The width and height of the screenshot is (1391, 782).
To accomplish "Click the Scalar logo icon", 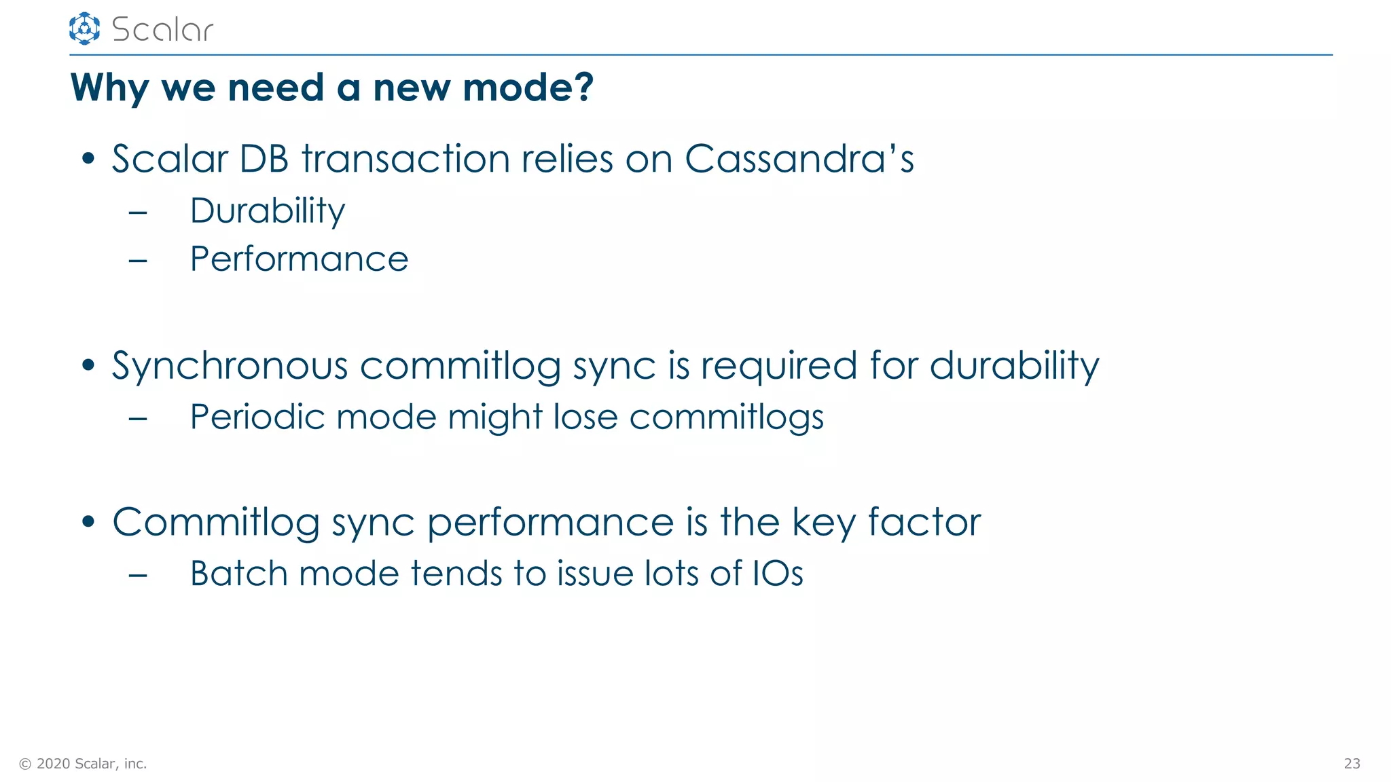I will click(x=84, y=29).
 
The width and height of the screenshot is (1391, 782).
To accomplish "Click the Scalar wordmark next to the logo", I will click(x=162, y=30).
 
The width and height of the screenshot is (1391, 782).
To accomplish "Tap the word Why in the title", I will click(x=109, y=88).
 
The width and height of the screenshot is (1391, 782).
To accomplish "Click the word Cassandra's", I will click(x=799, y=159).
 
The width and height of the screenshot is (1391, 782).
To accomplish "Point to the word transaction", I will click(x=405, y=159).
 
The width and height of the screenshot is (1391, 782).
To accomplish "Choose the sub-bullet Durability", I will click(x=268, y=210).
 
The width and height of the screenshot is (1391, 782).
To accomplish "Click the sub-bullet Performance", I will click(x=299, y=259).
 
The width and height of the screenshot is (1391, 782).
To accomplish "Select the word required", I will click(x=779, y=366).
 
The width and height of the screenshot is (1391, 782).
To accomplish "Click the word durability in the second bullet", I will click(x=1014, y=366).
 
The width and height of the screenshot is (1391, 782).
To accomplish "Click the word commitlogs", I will click(x=726, y=417).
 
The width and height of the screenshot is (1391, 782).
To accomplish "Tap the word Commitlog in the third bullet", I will click(x=216, y=523).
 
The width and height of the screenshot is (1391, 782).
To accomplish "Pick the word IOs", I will click(x=778, y=574).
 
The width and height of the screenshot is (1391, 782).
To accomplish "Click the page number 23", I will click(x=1352, y=764).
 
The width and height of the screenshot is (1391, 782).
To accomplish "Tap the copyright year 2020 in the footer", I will click(x=54, y=764).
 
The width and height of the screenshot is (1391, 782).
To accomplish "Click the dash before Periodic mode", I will click(x=138, y=418).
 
